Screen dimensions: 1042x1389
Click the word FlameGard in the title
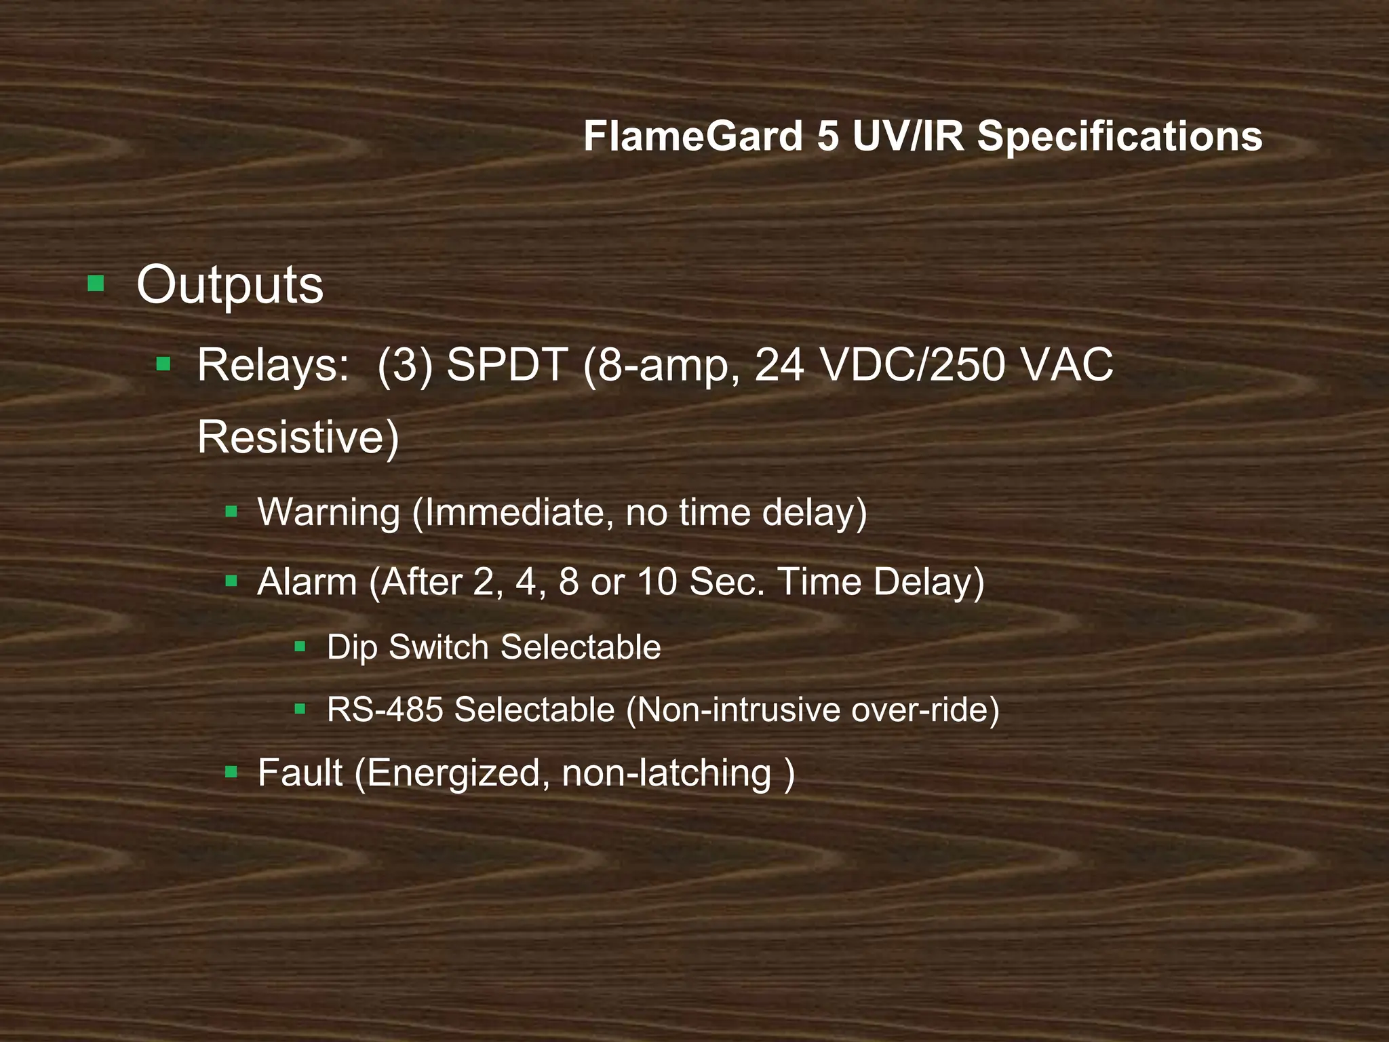point(693,136)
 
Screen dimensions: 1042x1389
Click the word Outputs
point(230,286)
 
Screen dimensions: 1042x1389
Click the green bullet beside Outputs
point(96,283)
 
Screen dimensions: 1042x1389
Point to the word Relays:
point(273,365)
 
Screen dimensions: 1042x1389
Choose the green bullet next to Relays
point(163,365)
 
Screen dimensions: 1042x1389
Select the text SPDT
point(507,365)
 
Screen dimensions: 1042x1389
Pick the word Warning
point(329,513)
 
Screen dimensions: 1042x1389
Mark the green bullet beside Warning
point(231,512)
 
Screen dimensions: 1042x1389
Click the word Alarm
point(307,582)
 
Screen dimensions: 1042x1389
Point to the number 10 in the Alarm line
point(657,582)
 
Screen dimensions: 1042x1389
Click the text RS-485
point(385,710)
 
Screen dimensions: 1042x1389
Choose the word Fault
point(300,773)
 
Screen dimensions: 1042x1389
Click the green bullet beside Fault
point(231,771)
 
